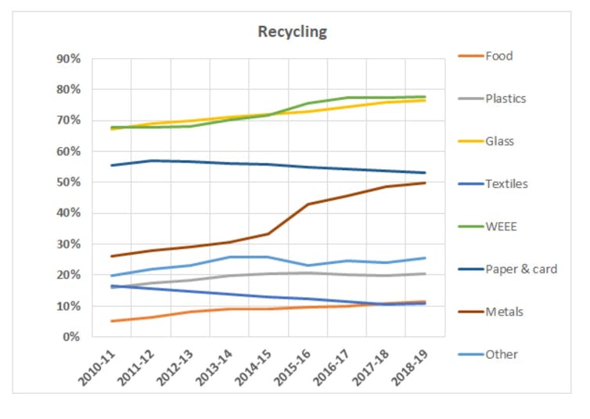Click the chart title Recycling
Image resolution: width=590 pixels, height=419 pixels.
pyautogui.click(x=293, y=32)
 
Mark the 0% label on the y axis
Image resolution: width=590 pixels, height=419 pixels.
pyautogui.click(x=72, y=337)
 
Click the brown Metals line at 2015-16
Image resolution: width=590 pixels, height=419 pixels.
pyautogui.click(x=308, y=204)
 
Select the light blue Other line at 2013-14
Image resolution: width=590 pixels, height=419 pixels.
pyautogui.click(x=229, y=257)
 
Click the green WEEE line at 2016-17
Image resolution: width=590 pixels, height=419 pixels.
pyautogui.click(x=347, y=98)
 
